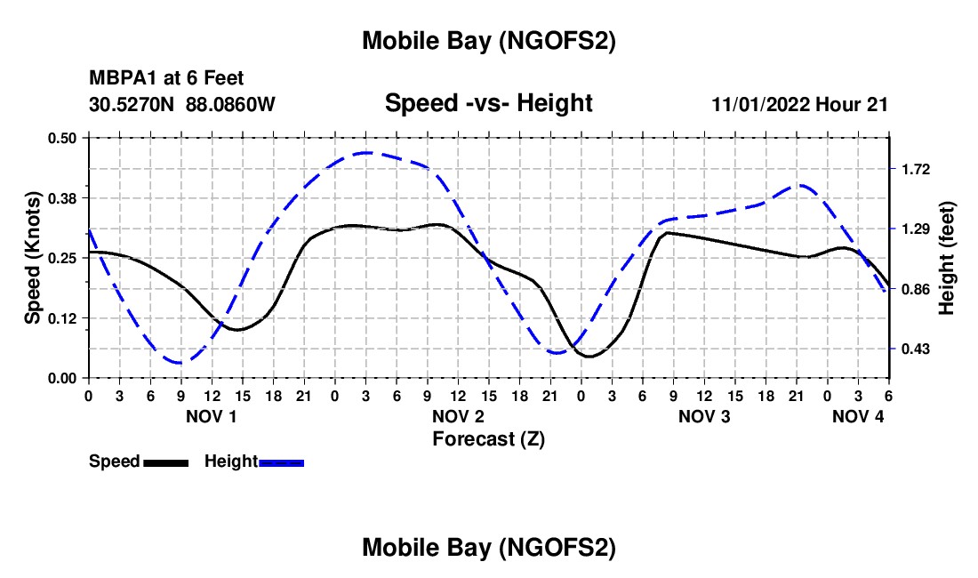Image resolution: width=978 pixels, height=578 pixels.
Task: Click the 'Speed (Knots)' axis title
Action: (x=33, y=257)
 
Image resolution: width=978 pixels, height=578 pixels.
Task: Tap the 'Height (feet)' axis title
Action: (x=946, y=257)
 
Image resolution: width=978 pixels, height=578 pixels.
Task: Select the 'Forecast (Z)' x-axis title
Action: (x=488, y=438)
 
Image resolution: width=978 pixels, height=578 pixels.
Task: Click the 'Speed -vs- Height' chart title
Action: (x=488, y=103)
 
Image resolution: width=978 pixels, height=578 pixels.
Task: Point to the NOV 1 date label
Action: (x=212, y=416)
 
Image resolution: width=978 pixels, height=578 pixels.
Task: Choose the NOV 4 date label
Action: (x=859, y=416)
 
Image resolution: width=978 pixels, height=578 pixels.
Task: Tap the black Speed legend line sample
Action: (x=164, y=462)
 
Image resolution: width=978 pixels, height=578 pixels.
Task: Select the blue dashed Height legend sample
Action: (x=281, y=462)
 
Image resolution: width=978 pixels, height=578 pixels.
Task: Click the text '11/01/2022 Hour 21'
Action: (x=800, y=104)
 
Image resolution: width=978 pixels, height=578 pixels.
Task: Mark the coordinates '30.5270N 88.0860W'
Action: (x=182, y=104)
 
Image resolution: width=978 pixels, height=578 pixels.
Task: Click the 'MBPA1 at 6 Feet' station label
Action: (x=166, y=79)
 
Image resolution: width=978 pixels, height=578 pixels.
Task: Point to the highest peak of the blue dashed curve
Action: (x=365, y=153)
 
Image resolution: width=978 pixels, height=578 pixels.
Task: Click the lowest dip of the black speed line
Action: (x=589, y=356)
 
